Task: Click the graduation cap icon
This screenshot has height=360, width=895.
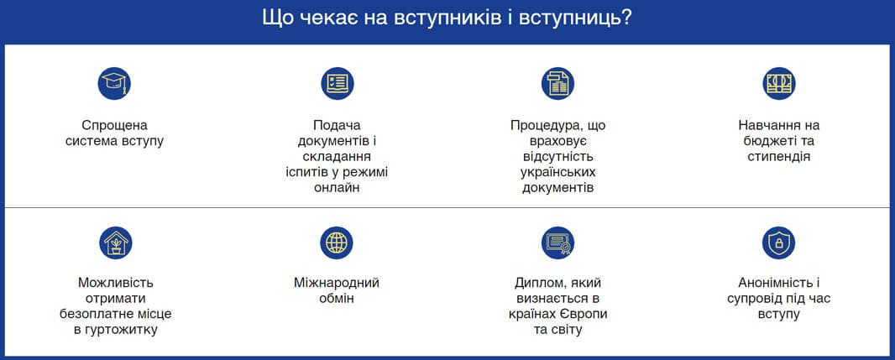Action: point(114,83)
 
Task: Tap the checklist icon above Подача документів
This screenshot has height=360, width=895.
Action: point(337,83)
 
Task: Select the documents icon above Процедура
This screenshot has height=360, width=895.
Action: point(557,83)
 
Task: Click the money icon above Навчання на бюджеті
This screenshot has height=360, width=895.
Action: point(778,83)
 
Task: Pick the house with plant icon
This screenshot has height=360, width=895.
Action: point(115,243)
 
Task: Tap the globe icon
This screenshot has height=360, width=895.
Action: point(337,243)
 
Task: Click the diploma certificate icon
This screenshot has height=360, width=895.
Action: point(557,243)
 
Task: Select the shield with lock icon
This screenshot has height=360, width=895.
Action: point(778,243)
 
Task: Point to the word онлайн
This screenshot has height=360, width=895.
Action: point(337,188)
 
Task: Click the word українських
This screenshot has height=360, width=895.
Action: point(557,172)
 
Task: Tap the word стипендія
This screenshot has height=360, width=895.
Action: point(778,157)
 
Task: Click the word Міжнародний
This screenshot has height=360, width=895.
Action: point(337,283)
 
